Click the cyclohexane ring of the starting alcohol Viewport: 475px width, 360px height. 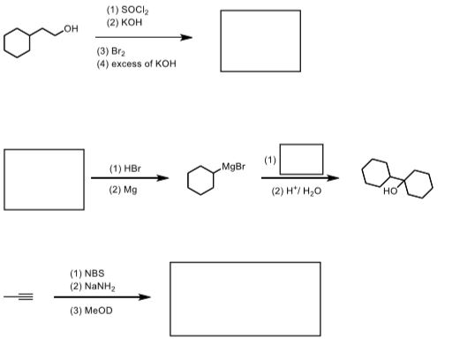pyautogui.click(x=19, y=41)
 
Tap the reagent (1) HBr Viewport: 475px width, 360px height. pyautogui.click(x=125, y=168)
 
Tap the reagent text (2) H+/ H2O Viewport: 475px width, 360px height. pyautogui.click(x=292, y=191)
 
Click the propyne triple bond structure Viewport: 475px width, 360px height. pyautogui.click(x=19, y=296)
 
